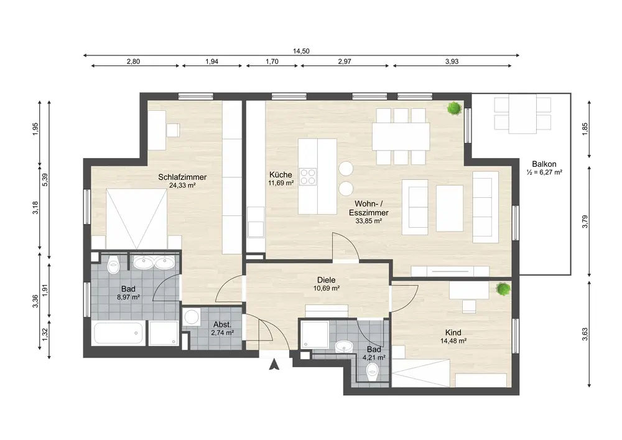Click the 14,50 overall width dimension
pyautogui.click(x=301, y=51)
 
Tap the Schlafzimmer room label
pyautogui.click(x=182, y=177)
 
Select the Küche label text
pyautogui.click(x=281, y=175)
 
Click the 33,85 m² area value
pyautogui.click(x=368, y=221)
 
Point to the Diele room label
pyautogui.click(x=326, y=280)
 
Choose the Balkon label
pyautogui.click(x=544, y=164)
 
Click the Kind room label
pyautogui.click(x=453, y=332)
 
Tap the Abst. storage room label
pyautogui.click(x=222, y=324)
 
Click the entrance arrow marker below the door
pyautogui.click(x=274, y=364)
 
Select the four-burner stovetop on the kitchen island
pyautogui.click(x=308, y=177)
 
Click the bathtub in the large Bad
pyautogui.click(x=118, y=334)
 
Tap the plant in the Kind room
pyautogui.click(x=503, y=289)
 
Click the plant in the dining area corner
pyautogui.click(x=454, y=108)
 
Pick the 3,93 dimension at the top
pyautogui.click(x=452, y=62)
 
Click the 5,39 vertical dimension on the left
pyautogui.click(x=45, y=180)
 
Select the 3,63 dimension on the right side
pyautogui.click(x=585, y=334)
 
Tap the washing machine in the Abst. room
pyautogui.click(x=192, y=317)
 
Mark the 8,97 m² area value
pyautogui.click(x=128, y=297)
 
